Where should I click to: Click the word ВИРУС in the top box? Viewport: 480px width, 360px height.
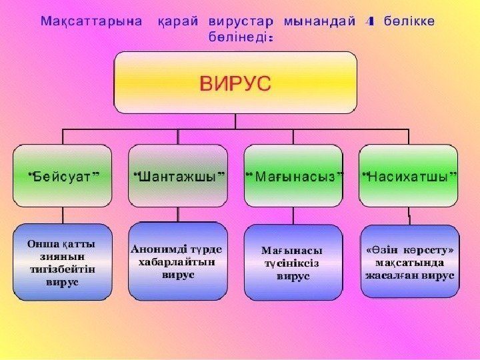click(236, 84)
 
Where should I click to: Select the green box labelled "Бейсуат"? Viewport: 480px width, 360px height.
click(63, 176)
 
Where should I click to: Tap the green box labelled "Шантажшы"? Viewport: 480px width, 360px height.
click(178, 176)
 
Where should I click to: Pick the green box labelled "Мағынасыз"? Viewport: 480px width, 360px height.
click(294, 176)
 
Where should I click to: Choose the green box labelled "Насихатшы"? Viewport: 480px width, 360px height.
click(409, 176)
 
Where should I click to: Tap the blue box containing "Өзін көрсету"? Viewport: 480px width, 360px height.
click(409, 261)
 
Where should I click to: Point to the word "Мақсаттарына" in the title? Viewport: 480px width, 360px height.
click(91, 21)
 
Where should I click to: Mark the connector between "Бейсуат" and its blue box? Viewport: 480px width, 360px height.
click(63, 215)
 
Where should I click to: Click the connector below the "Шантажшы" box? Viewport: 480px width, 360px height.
click(178, 214)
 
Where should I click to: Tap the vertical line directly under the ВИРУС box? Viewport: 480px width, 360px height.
click(236, 120)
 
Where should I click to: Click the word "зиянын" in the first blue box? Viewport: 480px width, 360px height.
click(62, 256)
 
